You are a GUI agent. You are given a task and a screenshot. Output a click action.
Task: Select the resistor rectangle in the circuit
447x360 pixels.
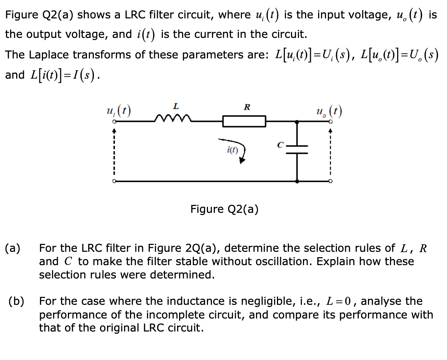pos(244,121)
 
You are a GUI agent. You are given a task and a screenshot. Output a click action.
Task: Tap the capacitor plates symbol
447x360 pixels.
pos(297,149)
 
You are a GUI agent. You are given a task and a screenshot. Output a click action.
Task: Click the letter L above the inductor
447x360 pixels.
pos(175,106)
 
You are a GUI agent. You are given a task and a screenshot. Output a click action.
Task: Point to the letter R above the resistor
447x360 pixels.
pos(247,107)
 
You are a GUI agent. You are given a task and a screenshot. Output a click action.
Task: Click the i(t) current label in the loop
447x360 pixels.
pos(233,150)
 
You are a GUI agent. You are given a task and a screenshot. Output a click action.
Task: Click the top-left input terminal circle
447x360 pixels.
pos(113,122)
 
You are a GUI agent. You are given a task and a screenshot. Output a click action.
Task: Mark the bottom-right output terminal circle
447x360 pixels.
pos(330,181)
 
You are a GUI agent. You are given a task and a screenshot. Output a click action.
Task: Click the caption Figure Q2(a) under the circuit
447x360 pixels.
pos(224,209)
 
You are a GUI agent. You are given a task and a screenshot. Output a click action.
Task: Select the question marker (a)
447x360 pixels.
pos(13,248)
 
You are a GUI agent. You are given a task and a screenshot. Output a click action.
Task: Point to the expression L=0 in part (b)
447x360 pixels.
pos(341,301)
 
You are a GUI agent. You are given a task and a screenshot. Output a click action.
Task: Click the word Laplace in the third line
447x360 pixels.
pos(49,54)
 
